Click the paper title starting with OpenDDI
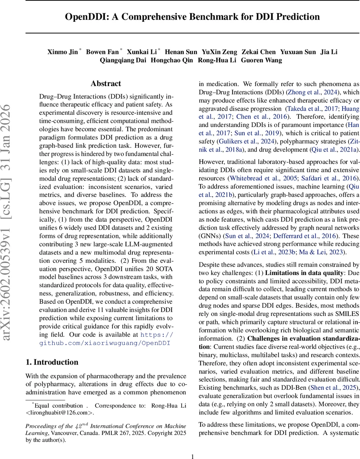(x=192, y=17)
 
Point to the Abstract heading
(x=106, y=83)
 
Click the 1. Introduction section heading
(x=52, y=362)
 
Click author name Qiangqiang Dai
(x=123, y=60)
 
